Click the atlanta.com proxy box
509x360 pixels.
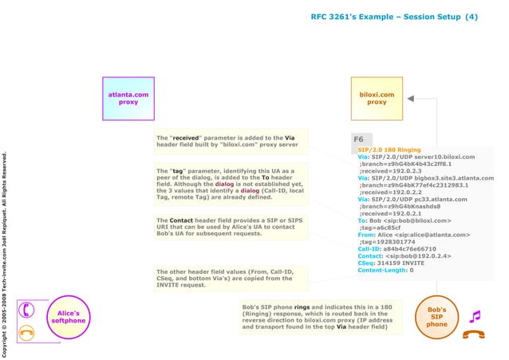coord(128,98)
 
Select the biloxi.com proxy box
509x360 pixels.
coord(377,98)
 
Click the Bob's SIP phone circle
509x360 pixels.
coord(436,316)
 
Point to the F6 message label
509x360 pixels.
coord(359,140)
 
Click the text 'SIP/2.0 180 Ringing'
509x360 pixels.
coord(389,149)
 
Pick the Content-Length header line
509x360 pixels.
coord(385,270)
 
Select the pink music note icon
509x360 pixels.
coord(475,316)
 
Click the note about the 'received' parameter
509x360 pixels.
coord(227,141)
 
